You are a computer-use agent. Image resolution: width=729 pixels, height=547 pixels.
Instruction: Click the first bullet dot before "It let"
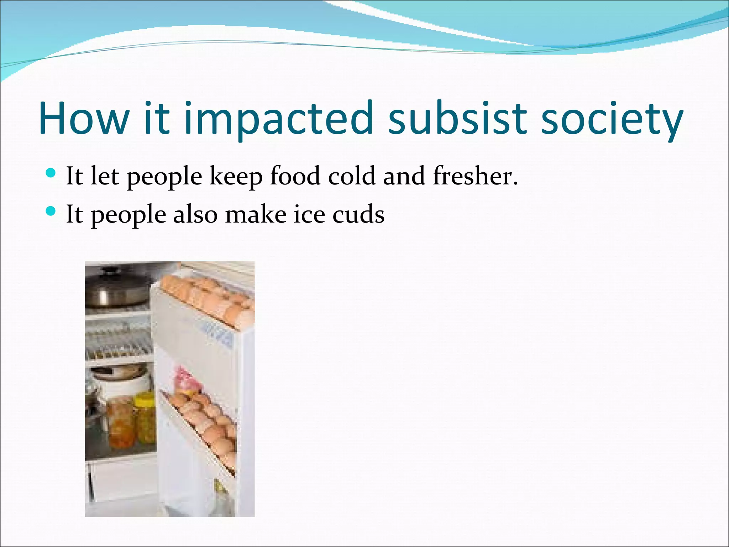tap(51, 173)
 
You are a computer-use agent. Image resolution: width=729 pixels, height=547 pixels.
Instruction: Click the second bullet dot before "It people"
tap(51, 212)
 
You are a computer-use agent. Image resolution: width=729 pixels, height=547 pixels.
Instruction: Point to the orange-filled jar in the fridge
tap(121, 424)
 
